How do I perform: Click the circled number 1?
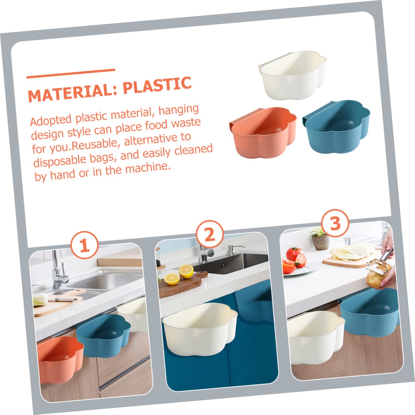point(85,245)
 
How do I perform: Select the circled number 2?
point(210,234)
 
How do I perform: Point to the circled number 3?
point(335,223)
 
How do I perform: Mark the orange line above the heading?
point(71,74)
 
